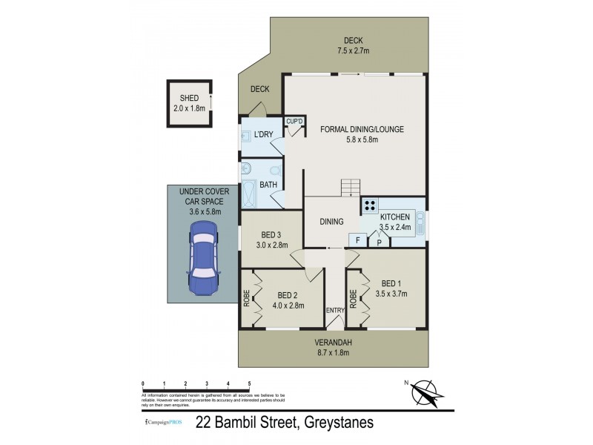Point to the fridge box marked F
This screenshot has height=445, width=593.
point(358,240)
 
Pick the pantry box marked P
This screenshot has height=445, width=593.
point(379,241)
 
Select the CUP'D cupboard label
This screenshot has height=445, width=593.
point(295,122)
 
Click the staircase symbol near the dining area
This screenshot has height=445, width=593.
point(350,188)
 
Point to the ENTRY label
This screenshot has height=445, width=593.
point(336,309)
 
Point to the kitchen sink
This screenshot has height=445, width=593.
point(420,222)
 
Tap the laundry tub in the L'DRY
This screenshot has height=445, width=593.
point(246,136)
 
